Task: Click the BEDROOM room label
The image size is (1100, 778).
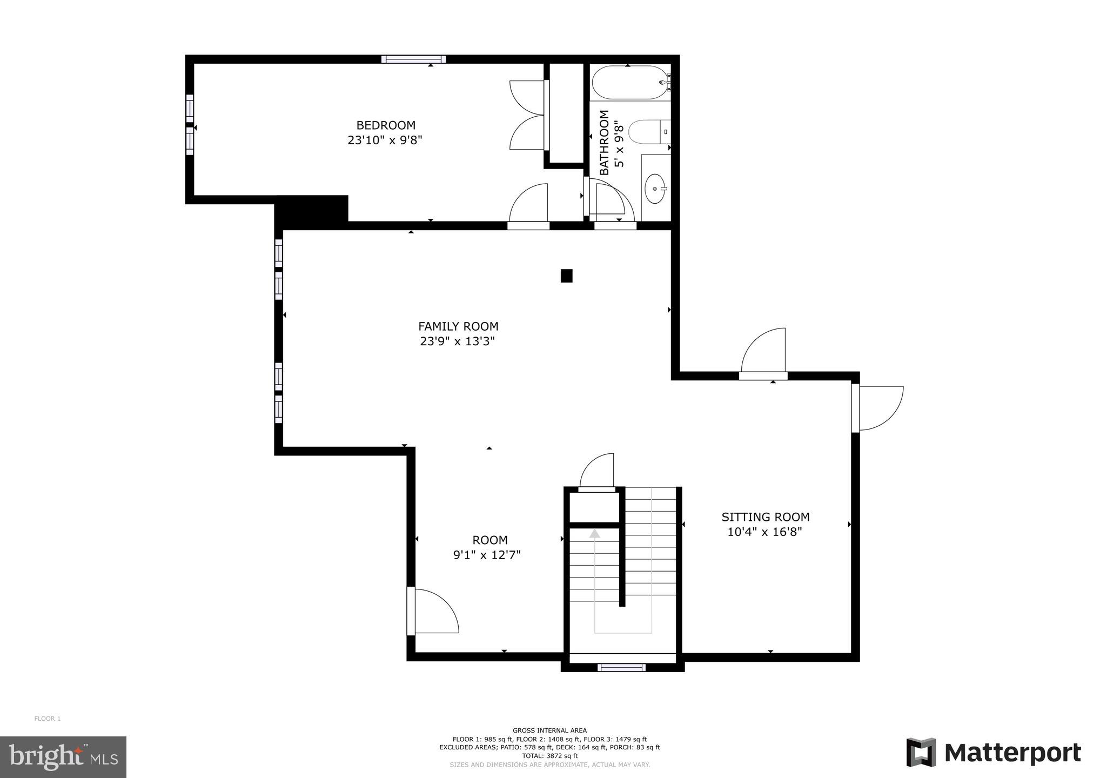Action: click(x=386, y=125)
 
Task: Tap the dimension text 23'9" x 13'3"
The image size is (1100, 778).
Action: click(x=458, y=341)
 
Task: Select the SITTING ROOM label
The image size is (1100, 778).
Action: click(x=765, y=517)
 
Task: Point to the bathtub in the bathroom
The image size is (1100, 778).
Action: click(x=630, y=82)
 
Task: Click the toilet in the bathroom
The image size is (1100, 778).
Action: click(x=648, y=131)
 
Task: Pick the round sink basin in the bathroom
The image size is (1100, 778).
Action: click(x=655, y=189)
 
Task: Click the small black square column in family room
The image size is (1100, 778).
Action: click(x=566, y=276)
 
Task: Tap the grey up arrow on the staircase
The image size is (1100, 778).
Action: click(x=594, y=534)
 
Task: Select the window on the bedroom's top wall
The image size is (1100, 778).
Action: click(x=413, y=59)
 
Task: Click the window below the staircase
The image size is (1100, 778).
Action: click(x=621, y=668)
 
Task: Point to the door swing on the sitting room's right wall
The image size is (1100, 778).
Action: click(x=878, y=408)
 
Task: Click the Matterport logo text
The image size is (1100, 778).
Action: click(x=1012, y=753)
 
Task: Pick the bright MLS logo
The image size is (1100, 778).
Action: click(x=63, y=757)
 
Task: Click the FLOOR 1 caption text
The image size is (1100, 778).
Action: click(x=48, y=719)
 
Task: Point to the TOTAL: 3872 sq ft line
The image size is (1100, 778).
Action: click(x=549, y=756)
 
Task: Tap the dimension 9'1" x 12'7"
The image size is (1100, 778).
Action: click(x=486, y=555)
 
